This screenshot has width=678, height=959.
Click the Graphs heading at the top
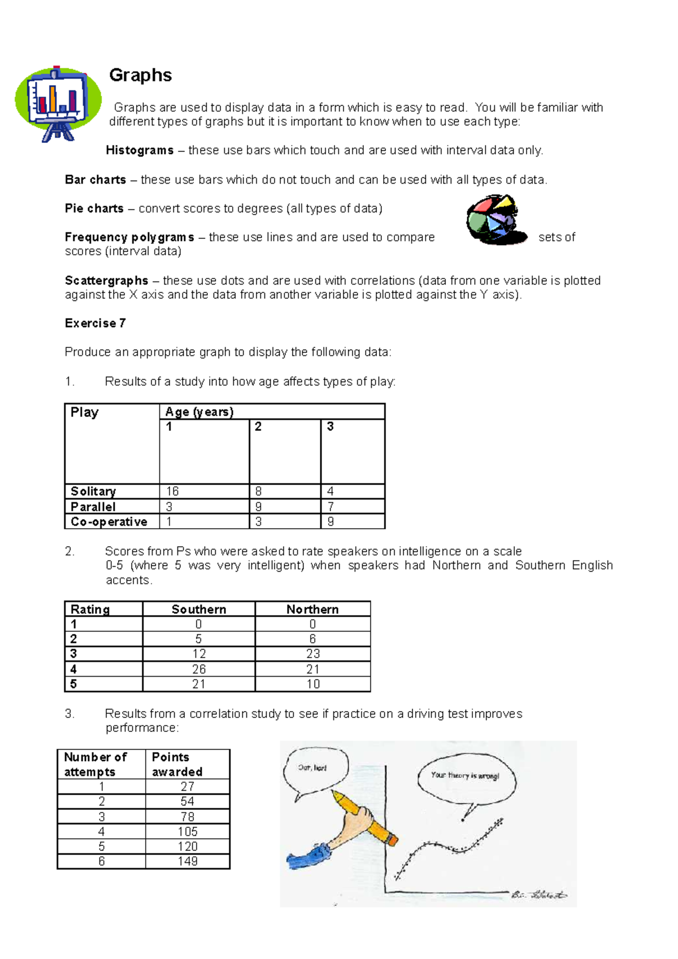[x=140, y=75]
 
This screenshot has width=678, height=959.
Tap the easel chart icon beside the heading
[x=58, y=103]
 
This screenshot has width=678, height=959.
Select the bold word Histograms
[x=140, y=150]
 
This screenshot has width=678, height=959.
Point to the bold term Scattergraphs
[x=106, y=281]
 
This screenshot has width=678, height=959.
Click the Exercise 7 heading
[x=95, y=323]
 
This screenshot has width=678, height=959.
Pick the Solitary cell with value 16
[x=173, y=491]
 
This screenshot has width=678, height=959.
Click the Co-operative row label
[x=109, y=521]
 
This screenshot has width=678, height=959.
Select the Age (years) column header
[x=199, y=412]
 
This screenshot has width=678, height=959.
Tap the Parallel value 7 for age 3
[x=331, y=507]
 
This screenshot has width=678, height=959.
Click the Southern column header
[x=199, y=609]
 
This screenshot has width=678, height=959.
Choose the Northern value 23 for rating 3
[x=313, y=653]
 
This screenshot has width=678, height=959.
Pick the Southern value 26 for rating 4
[x=199, y=669]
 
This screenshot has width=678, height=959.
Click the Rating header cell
[x=90, y=609]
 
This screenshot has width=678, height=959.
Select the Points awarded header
[x=177, y=764]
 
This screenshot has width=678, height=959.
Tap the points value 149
[x=188, y=861]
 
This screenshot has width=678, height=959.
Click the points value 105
[x=188, y=831]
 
